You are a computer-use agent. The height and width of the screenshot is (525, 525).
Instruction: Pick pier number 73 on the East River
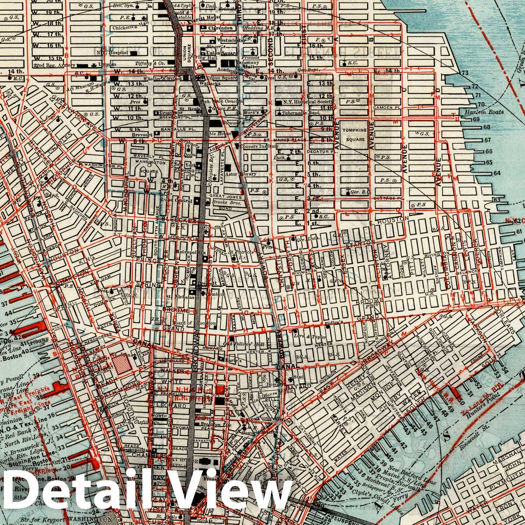(465, 73)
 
